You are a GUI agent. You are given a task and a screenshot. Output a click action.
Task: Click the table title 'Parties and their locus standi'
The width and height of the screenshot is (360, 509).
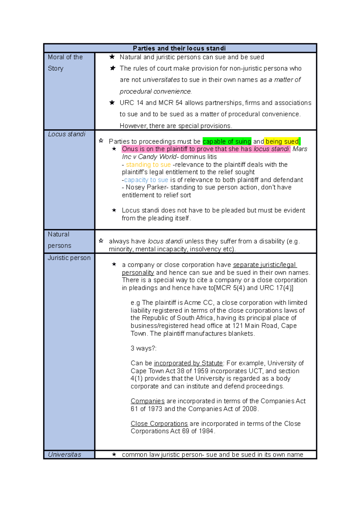[x=179, y=48]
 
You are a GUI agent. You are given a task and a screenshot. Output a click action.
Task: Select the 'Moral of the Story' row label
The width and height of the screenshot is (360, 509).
[x=65, y=63]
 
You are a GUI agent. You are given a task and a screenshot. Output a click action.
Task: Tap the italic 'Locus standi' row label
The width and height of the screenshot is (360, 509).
[x=67, y=134]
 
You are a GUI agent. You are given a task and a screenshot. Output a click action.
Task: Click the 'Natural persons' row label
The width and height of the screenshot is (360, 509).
[x=59, y=240]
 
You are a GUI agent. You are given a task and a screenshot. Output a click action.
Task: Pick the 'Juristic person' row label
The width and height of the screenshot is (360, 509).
[x=69, y=258]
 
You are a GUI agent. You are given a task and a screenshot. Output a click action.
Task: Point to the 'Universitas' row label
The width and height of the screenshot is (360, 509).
[x=64, y=454]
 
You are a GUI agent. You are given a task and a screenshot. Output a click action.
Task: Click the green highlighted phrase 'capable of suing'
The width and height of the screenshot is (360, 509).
[x=227, y=141]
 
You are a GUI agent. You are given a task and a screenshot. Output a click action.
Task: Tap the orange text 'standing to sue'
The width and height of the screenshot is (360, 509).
[x=148, y=165]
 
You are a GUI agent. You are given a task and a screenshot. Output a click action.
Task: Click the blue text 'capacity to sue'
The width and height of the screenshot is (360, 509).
[x=146, y=180]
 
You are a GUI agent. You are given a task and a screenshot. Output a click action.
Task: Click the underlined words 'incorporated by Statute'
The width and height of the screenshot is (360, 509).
[x=188, y=363]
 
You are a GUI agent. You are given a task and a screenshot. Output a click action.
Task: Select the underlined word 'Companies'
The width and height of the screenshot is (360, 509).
[x=147, y=401]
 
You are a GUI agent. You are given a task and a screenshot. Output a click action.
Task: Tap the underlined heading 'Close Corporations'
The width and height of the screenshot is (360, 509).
[x=159, y=424]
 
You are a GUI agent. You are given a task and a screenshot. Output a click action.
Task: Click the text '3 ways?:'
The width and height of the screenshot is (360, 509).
[x=143, y=348]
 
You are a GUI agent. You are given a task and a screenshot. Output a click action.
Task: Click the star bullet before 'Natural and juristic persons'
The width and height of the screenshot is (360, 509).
[x=112, y=57]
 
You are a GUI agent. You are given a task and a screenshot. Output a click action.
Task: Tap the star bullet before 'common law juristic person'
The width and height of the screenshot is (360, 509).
[x=114, y=454]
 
